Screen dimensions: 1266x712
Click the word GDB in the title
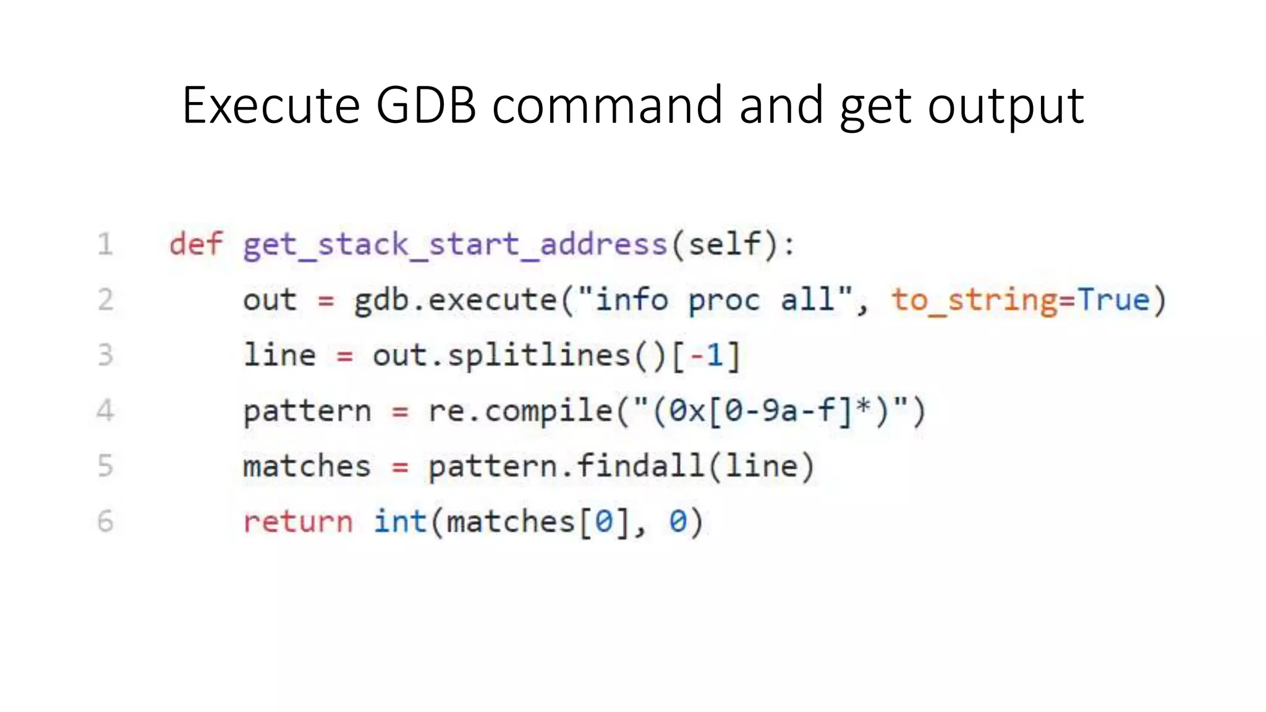426,105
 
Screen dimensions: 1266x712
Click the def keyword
195,244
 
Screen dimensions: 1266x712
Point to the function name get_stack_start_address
455,245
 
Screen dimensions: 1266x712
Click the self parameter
724,244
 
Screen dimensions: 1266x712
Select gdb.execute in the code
455,300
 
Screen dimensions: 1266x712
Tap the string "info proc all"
723,300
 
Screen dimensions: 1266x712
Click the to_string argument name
973,300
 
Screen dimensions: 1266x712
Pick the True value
1113,300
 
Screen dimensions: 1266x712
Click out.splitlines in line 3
501,356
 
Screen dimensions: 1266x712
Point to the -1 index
707,356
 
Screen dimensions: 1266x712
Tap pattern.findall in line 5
566,466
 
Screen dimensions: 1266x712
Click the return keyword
297,522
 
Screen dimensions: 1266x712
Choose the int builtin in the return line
400,522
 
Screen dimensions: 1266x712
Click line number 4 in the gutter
106,411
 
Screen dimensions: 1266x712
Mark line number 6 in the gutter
106,522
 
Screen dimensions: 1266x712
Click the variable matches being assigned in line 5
307,466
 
